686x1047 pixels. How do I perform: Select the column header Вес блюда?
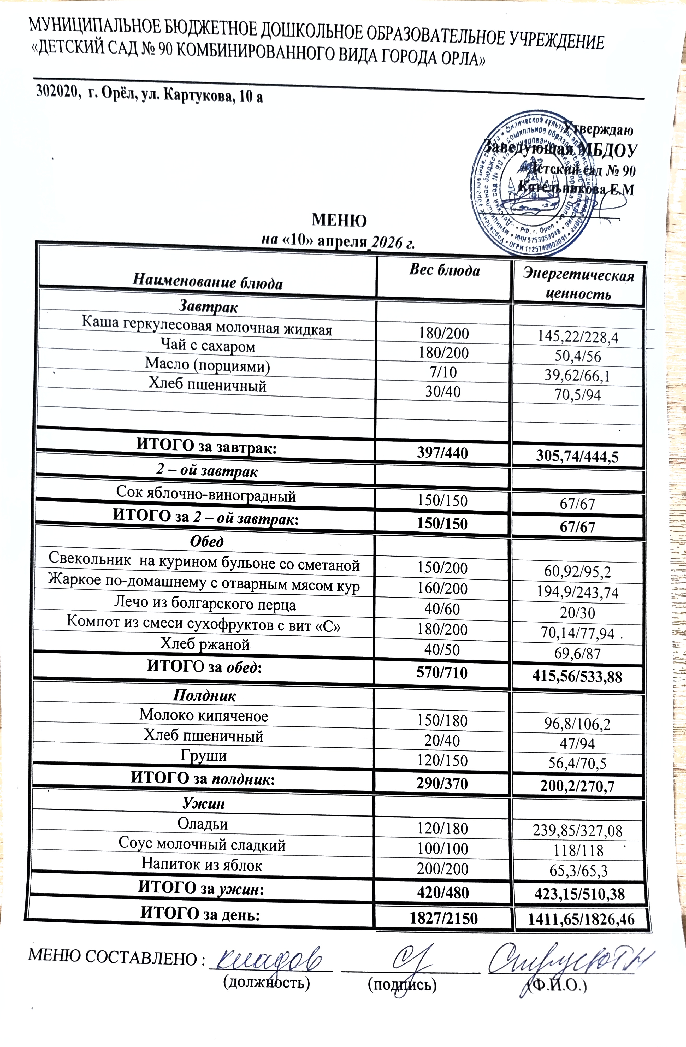445,270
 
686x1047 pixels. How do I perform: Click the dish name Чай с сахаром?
208,346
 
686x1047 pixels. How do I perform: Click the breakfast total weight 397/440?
443,452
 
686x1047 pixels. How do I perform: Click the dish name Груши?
204,756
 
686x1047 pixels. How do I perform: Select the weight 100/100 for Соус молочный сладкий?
443,849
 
